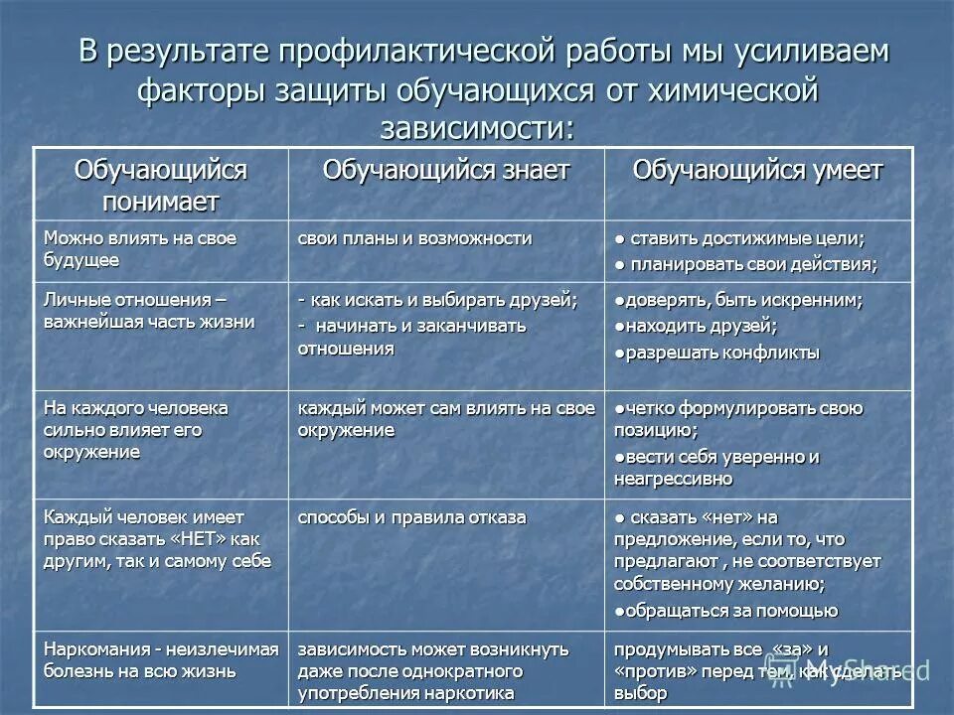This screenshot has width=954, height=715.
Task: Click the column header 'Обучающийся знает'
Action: (446, 171)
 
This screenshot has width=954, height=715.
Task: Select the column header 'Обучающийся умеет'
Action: (757, 171)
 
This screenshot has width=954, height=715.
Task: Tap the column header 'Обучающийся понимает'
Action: (160, 186)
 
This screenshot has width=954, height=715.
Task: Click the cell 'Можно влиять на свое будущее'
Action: (139, 248)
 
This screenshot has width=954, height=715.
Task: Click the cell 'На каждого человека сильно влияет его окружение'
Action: (136, 429)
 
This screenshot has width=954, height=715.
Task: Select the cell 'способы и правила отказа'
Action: (412, 517)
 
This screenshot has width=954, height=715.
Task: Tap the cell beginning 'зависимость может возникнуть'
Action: (433, 670)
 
